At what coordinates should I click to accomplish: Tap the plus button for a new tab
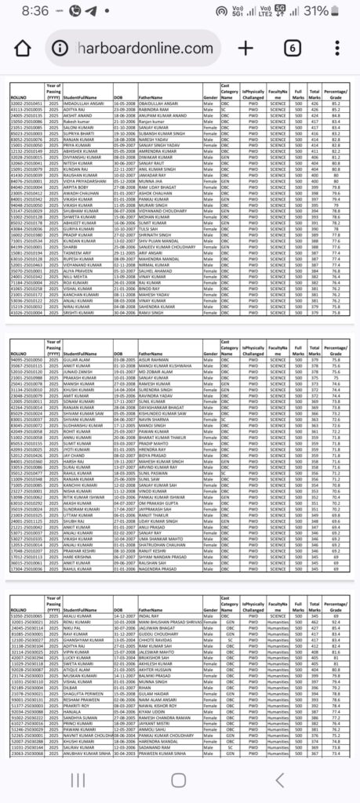[x=245, y=48]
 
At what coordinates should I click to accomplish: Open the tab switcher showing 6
[x=292, y=48]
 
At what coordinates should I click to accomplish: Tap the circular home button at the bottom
[x=180, y=779]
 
